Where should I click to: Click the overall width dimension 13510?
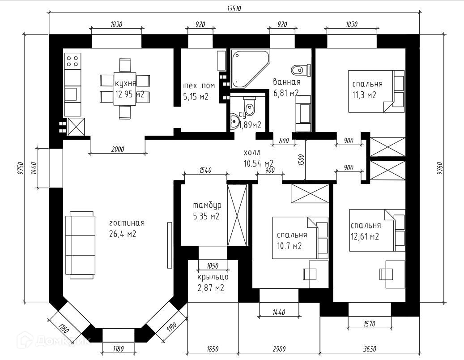point(234,9)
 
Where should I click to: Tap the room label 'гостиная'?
point(127,223)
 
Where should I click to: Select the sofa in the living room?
point(80,245)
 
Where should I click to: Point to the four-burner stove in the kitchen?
point(72,61)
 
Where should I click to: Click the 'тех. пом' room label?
point(199,86)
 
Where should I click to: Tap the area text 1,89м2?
point(250,125)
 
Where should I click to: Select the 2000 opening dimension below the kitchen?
point(118,149)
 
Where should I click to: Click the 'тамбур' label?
point(207,205)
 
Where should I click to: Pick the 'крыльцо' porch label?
point(213,277)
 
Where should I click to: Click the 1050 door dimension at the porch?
point(213,266)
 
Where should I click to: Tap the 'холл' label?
point(252,153)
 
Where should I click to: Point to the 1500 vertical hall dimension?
point(302,160)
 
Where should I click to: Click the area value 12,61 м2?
point(365,236)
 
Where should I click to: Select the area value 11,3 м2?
point(364,95)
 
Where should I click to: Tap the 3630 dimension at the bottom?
point(370,349)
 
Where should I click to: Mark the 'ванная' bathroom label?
point(287,81)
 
